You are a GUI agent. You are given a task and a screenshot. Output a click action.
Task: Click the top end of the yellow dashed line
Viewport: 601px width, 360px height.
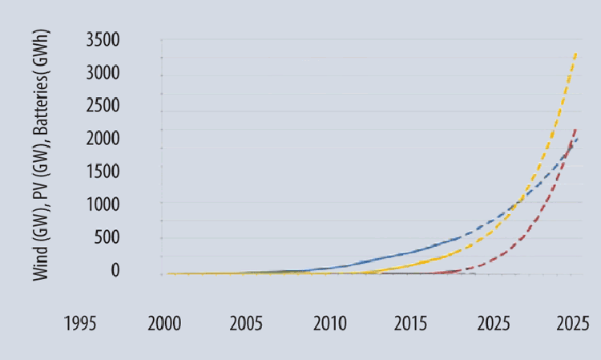pyautogui.click(x=575, y=53)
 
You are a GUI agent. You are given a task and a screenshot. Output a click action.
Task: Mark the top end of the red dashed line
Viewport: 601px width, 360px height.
pyautogui.click(x=576, y=128)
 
